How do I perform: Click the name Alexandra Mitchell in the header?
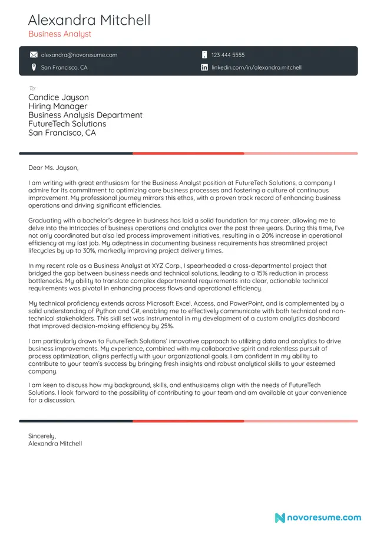point(89,20)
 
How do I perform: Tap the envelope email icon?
point(34,55)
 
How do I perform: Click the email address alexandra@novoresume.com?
point(79,55)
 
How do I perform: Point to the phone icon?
point(204,55)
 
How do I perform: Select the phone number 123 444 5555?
point(228,55)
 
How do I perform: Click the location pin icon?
point(34,67)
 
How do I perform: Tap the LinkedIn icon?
point(204,67)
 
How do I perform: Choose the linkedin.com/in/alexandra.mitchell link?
point(256,67)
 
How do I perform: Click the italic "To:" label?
point(32,89)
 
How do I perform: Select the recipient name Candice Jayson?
point(58,97)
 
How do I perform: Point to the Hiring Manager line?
point(58,106)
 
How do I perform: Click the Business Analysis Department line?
point(85,115)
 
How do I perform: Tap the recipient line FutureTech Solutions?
point(67,124)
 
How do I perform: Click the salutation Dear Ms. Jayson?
point(53,168)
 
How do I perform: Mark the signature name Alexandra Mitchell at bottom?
point(55,443)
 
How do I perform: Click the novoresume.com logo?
point(318,517)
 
